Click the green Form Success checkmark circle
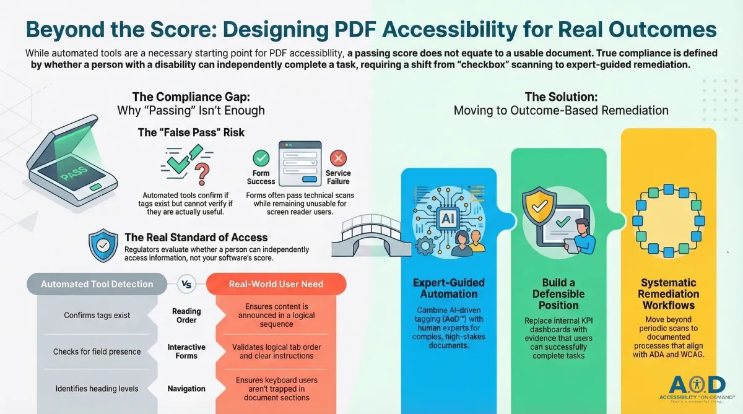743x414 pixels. (x=261, y=158)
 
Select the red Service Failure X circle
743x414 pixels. (x=338, y=158)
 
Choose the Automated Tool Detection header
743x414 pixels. (x=97, y=285)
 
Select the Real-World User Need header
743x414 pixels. (x=276, y=285)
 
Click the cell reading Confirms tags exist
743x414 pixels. (x=97, y=316)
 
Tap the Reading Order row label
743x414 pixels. (x=186, y=316)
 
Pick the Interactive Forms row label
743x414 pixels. (x=186, y=351)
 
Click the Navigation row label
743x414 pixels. (x=186, y=389)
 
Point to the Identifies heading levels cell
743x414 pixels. (x=97, y=389)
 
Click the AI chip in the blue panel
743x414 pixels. (x=446, y=218)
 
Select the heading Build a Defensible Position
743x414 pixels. (x=558, y=295)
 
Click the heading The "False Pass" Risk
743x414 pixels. (x=191, y=132)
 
